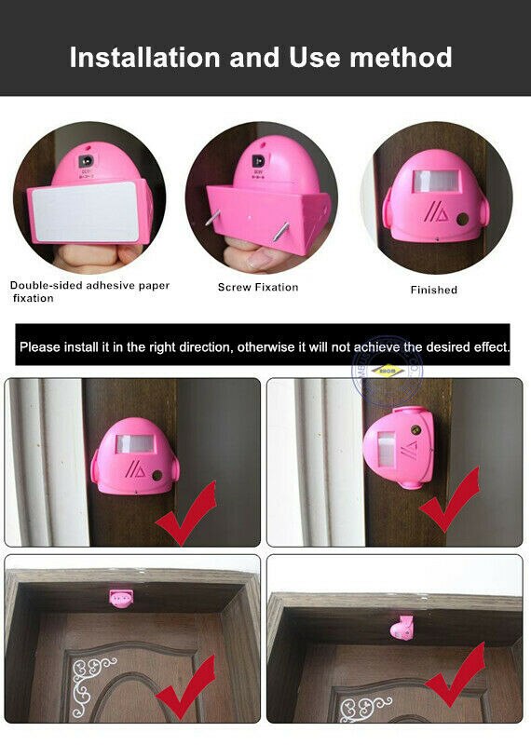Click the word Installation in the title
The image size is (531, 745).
click(145, 57)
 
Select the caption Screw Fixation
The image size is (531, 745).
click(258, 287)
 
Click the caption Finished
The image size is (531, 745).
click(434, 290)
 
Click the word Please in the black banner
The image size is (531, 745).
click(40, 347)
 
